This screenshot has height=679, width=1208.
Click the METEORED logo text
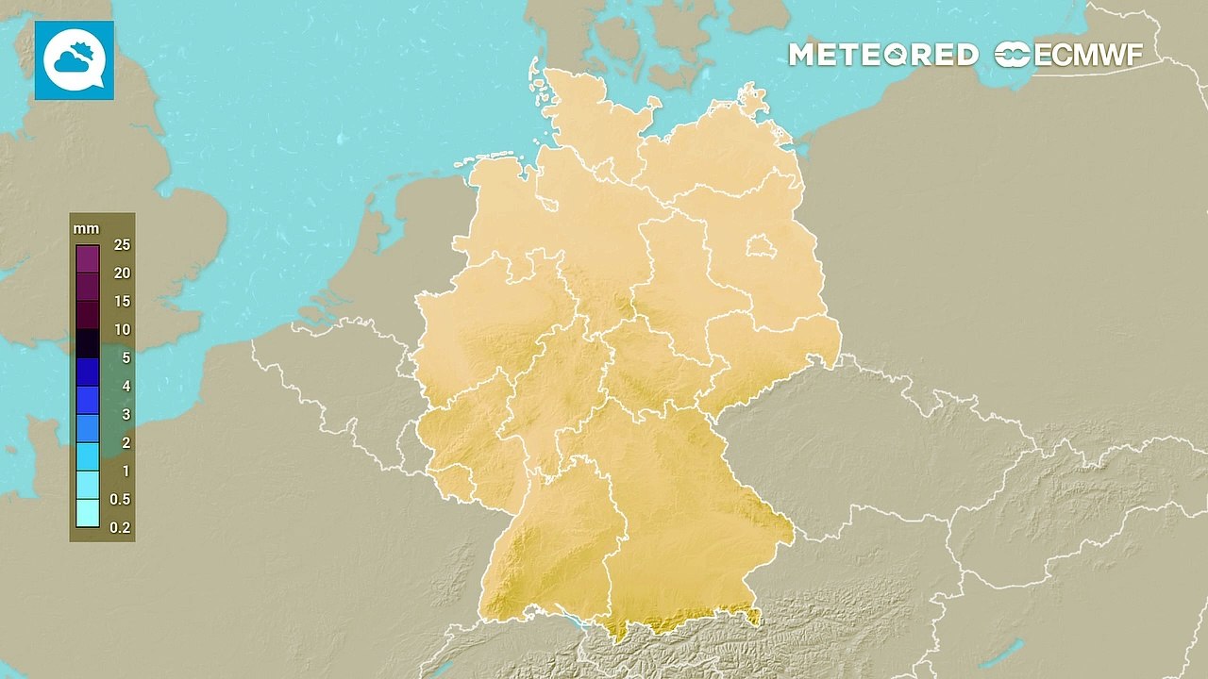(882, 55)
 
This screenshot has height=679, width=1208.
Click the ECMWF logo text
(1088, 55)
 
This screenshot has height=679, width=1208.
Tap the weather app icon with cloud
(75, 60)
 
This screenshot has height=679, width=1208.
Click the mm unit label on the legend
(85, 228)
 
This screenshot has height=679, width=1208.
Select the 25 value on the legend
(120, 245)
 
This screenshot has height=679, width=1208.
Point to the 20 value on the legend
(120, 273)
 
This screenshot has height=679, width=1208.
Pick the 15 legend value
(120, 302)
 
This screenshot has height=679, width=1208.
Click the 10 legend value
(120, 330)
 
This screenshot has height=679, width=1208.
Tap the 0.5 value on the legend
(120, 500)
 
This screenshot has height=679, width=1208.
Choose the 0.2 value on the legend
(120, 528)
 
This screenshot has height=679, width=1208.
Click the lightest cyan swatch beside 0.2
(88, 513)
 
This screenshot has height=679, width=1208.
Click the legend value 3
(126, 415)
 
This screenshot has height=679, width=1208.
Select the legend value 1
(126, 472)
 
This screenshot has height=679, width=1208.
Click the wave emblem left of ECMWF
(1013, 55)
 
